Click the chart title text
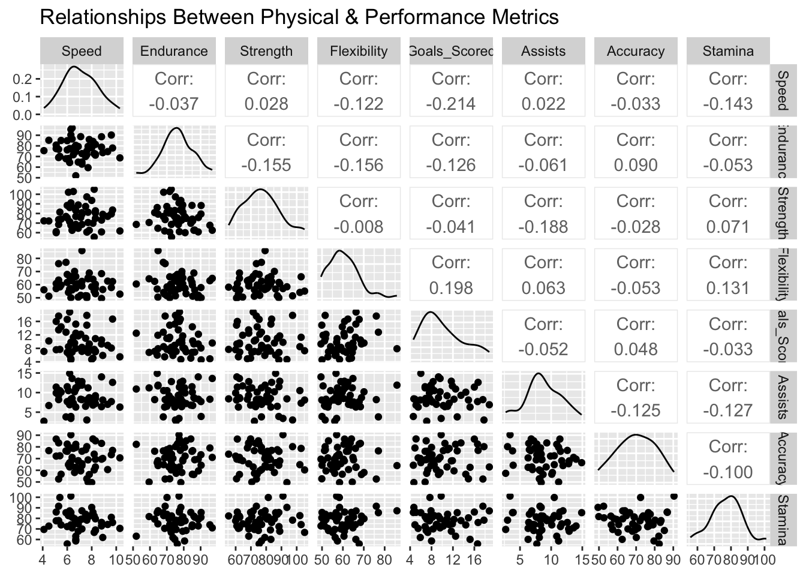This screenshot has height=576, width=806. [x=299, y=17]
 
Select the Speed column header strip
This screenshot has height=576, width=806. [x=82, y=51]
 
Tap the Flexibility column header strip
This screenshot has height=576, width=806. [x=359, y=51]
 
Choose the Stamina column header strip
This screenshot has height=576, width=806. [x=728, y=51]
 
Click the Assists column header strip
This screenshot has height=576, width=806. [x=543, y=51]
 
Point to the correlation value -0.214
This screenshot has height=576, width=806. [x=451, y=104]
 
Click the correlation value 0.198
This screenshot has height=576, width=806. [x=451, y=288]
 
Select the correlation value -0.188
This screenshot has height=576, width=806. [x=543, y=227]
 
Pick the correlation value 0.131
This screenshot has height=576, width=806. [x=728, y=288]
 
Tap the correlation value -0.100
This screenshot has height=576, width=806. [x=728, y=472]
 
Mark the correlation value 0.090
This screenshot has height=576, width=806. [x=636, y=165]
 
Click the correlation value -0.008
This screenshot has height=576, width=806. [x=359, y=227]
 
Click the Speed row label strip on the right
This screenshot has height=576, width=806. [x=781, y=90]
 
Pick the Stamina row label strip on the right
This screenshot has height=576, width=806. [x=781, y=520]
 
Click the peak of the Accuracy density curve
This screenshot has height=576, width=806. [x=636, y=434]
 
